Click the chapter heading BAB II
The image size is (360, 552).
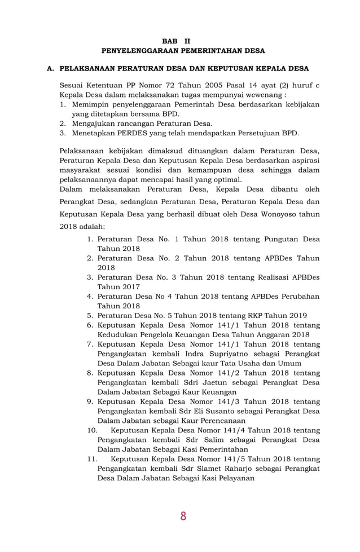[x=176, y=41]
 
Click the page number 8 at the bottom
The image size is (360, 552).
[x=183, y=516]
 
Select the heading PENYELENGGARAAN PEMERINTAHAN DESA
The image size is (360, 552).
[x=179, y=51]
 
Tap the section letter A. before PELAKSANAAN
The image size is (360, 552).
[x=50, y=69]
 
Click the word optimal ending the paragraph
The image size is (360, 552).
[x=226, y=179]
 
